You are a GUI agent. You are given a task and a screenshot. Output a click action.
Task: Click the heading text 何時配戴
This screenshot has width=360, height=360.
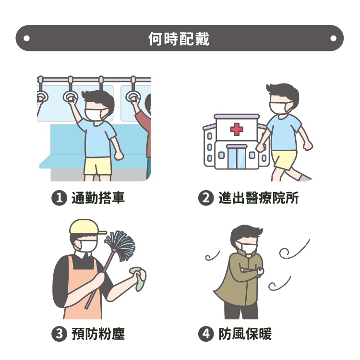pyautogui.click(x=179, y=38)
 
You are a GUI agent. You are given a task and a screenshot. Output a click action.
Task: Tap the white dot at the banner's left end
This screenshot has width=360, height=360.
pyautogui.click(x=26, y=38)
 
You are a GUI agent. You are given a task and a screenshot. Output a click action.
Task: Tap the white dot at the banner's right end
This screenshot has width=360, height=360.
pyautogui.click(x=333, y=38)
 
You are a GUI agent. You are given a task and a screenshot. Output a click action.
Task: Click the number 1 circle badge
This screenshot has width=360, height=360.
pyautogui.click(x=59, y=198)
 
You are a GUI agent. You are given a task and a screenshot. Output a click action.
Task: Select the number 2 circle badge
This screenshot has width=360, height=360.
pyautogui.click(x=206, y=198)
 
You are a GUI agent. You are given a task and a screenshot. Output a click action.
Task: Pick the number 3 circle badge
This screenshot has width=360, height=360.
pyautogui.click(x=59, y=334)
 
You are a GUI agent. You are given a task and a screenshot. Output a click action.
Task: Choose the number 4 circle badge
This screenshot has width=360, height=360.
pyautogui.click(x=206, y=334)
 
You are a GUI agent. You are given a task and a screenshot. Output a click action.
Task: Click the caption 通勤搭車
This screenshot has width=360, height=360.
pyautogui.click(x=98, y=198)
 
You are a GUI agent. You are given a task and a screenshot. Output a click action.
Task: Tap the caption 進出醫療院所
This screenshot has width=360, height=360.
pyautogui.click(x=258, y=198)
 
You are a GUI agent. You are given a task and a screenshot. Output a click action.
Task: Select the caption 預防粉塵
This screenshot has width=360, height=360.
pyautogui.click(x=98, y=334)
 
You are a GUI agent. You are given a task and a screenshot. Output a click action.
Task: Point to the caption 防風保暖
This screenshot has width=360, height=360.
pyautogui.click(x=245, y=334)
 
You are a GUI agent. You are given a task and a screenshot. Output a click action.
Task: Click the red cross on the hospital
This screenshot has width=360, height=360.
pyautogui.click(x=237, y=129)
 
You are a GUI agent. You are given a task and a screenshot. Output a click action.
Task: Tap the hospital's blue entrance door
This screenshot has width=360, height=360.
pyautogui.click(x=237, y=157)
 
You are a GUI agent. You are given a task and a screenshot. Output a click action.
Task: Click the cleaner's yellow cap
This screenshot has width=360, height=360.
pyautogui.click(x=86, y=228)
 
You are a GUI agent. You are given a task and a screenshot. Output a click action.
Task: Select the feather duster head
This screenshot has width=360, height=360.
pyautogui.click(x=120, y=245)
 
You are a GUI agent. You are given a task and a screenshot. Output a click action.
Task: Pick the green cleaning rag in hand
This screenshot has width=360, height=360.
pyautogui.click(x=138, y=278)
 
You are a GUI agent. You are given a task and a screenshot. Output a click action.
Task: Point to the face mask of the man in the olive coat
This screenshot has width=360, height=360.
pyautogui.click(x=249, y=247)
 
